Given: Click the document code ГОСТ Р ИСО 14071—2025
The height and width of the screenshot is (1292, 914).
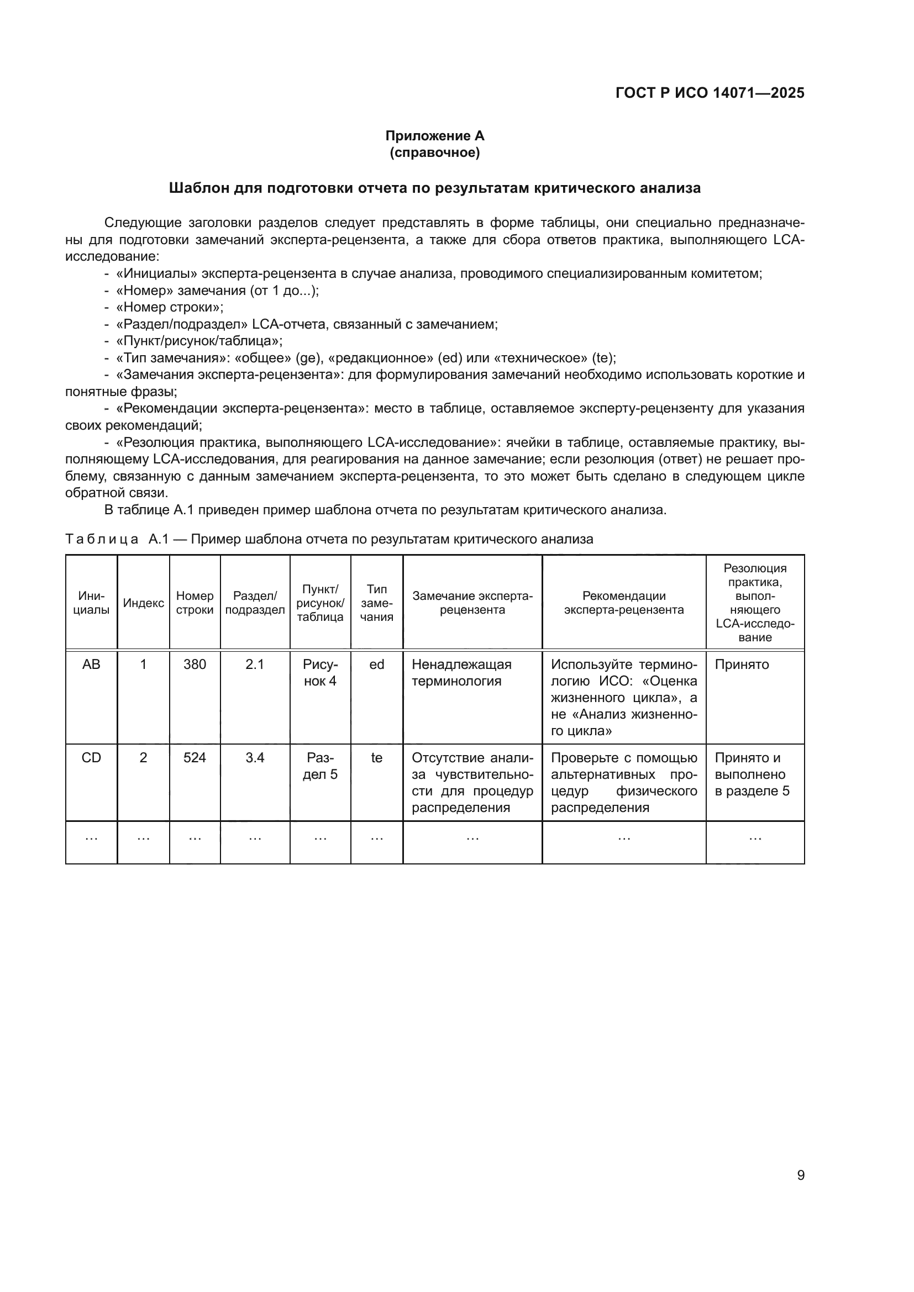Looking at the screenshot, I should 710,93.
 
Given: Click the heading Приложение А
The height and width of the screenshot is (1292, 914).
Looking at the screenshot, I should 434,136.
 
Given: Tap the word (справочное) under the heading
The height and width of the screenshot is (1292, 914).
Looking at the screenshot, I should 434,152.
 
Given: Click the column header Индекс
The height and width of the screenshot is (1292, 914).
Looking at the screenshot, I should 144,603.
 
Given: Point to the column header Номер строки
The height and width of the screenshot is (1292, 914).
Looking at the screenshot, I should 195,603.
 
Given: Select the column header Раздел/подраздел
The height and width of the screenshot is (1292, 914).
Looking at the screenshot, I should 255,603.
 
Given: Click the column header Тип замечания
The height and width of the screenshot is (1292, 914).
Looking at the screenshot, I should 376,603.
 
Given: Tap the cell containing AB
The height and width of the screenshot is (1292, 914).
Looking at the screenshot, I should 91,665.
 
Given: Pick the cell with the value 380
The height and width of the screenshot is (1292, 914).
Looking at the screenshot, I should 195,665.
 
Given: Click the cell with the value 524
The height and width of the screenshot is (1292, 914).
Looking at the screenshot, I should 195,758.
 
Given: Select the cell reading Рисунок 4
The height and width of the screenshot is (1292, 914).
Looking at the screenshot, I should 319,672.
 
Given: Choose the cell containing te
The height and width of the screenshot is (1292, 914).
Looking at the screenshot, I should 376,758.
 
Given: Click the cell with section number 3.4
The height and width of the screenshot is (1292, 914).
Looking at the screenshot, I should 255,758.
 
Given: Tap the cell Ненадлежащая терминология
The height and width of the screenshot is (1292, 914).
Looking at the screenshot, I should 461,672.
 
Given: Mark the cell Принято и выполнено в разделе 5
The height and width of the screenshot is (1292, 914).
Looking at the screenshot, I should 752,774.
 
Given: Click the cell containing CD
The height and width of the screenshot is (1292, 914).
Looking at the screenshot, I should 91,758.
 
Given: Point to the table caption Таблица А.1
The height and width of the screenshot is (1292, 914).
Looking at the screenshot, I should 101,539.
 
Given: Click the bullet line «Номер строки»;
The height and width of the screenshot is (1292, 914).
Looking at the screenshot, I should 170,307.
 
